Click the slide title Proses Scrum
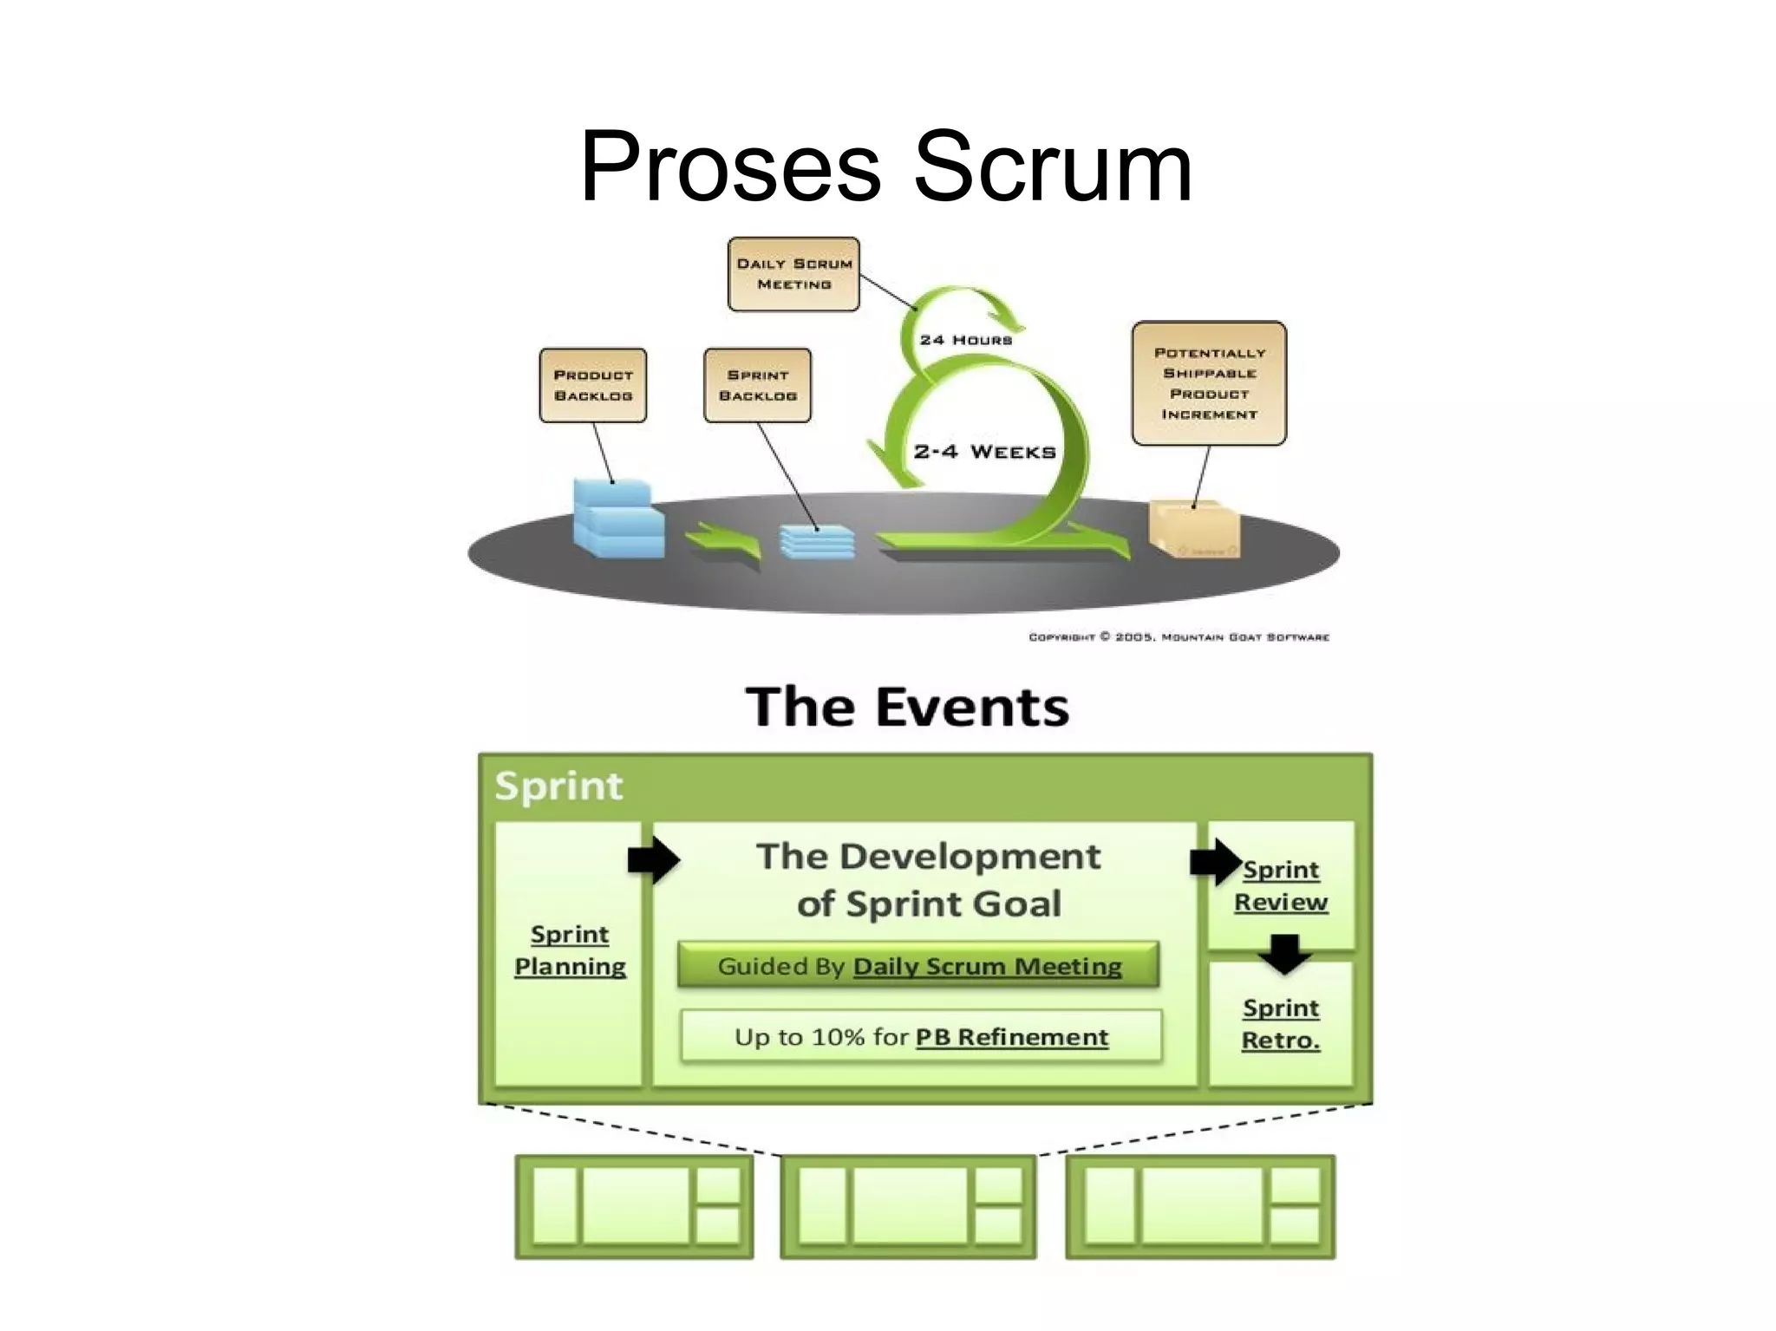[885, 166]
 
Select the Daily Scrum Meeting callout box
[793, 274]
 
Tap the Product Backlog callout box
[593, 386]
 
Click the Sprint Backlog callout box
[757, 386]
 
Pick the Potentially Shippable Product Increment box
[1209, 383]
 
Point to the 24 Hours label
[965, 340]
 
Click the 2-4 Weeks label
[984, 452]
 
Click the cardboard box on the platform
[1194, 530]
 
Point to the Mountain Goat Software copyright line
[1178, 637]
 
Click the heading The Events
[907, 707]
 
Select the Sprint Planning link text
[570, 950]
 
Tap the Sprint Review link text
[1281, 885]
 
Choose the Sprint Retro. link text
[1281, 1024]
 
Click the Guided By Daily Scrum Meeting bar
[918, 966]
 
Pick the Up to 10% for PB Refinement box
[921, 1037]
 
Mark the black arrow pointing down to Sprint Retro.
[1284, 953]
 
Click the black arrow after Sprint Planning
[653, 860]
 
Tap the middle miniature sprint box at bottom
[908, 1206]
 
